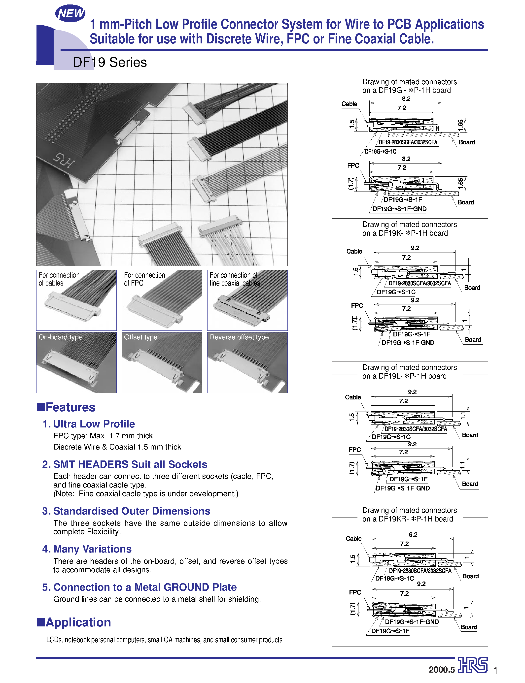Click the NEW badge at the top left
tap(70, 13)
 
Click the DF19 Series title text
tap(110, 63)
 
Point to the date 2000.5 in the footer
tap(441, 670)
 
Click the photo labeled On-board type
tap(76, 362)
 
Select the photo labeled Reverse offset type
tap(247, 362)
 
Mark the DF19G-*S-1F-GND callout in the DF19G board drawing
tap(399, 209)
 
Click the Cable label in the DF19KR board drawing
tap(353, 539)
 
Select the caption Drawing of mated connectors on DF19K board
tap(409, 228)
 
